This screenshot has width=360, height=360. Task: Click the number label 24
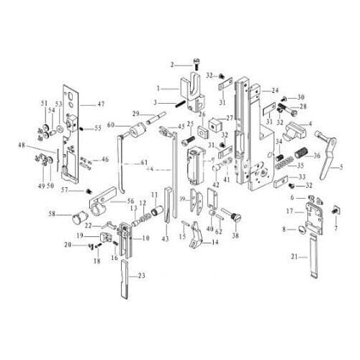(x=275, y=91)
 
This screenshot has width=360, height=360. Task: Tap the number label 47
(x=102, y=104)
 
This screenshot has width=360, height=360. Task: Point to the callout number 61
(x=144, y=162)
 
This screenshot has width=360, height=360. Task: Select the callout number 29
(x=135, y=114)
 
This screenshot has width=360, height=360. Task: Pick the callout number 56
(x=131, y=203)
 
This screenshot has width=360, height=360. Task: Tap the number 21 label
(x=294, y=257)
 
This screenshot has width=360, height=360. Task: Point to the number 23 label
(x=141, y=276)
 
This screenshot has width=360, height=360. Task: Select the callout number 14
(x=215, y=243)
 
